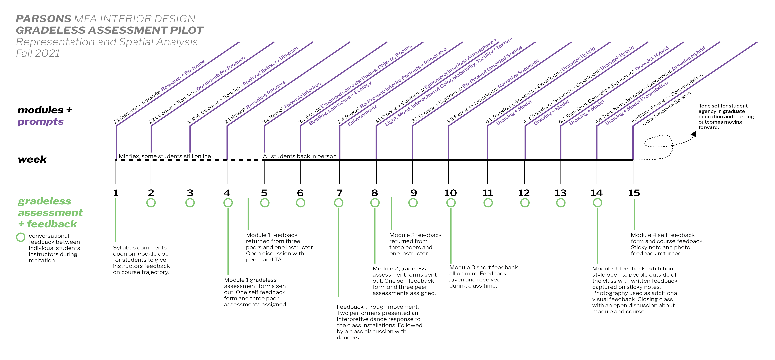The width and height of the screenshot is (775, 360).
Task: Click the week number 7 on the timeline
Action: coord(339,193)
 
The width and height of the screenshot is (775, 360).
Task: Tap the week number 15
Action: coord(634,193)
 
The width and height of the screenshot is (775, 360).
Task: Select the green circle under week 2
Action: coord(151,203)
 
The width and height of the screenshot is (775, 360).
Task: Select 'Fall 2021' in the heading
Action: coord(38,53)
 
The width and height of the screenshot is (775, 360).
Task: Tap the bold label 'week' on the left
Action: coord(32,159)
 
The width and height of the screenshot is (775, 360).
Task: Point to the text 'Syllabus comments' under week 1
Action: coord(140,247)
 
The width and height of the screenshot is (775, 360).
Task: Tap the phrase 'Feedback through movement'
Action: coord(378,307)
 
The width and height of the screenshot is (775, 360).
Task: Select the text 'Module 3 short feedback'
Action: coord(484,267)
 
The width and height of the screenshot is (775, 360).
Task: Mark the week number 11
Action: coord(488,193)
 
